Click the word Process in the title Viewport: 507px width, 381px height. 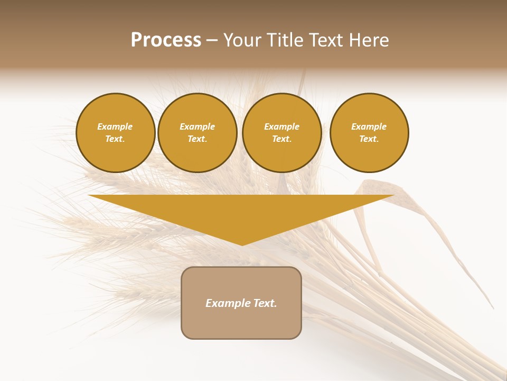click(166, 40)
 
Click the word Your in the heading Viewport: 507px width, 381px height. click(243, 40)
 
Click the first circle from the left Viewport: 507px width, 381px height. click(116, 133)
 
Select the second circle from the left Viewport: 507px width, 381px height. click(198, 133)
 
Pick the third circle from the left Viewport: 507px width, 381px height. click(282, 133)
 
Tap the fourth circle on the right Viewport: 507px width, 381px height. click(369, 133)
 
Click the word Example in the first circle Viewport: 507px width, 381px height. click(115, 126)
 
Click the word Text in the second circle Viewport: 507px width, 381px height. click(196, 139)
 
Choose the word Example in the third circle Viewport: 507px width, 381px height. click(281, 126)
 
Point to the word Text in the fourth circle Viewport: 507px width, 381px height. click(368, 139)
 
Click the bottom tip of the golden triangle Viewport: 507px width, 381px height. click(242, 244)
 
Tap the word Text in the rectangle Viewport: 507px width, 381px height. click(265, 303)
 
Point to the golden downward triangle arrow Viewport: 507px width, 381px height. click(241, 212)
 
